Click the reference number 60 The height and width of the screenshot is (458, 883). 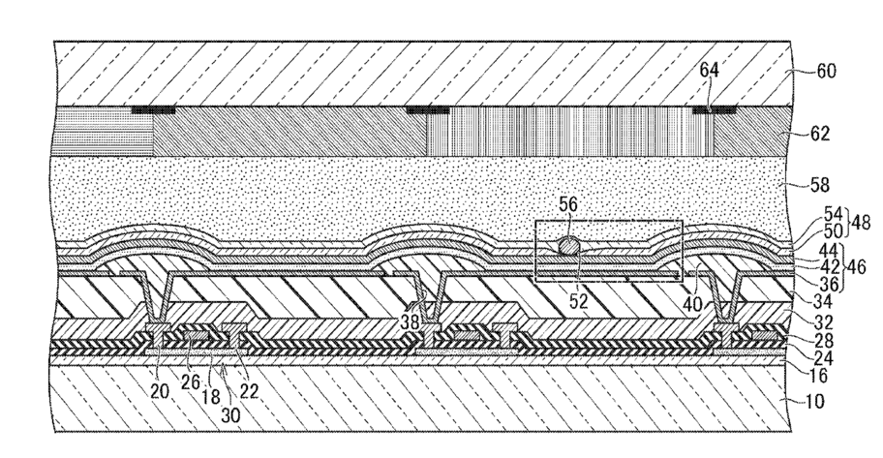tap(826, 71)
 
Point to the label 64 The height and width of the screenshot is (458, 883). tap(710, 71)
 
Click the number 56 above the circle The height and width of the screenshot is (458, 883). tap(568, 204)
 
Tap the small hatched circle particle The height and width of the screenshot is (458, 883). tap(568, 246)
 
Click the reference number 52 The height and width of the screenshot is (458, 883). tap(578, 301)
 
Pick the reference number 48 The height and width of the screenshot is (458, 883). tap(861, 223)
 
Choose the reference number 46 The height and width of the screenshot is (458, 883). tap(856, 266)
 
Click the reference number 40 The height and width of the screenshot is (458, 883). tap(692, 304)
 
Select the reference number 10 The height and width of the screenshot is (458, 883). tap(812, 402)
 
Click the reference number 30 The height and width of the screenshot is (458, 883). tap(230, 414)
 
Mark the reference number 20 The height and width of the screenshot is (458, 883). tap(159, 391)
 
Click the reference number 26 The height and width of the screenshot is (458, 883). tap(191, 382)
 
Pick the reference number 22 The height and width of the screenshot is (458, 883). tap(248, 390)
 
